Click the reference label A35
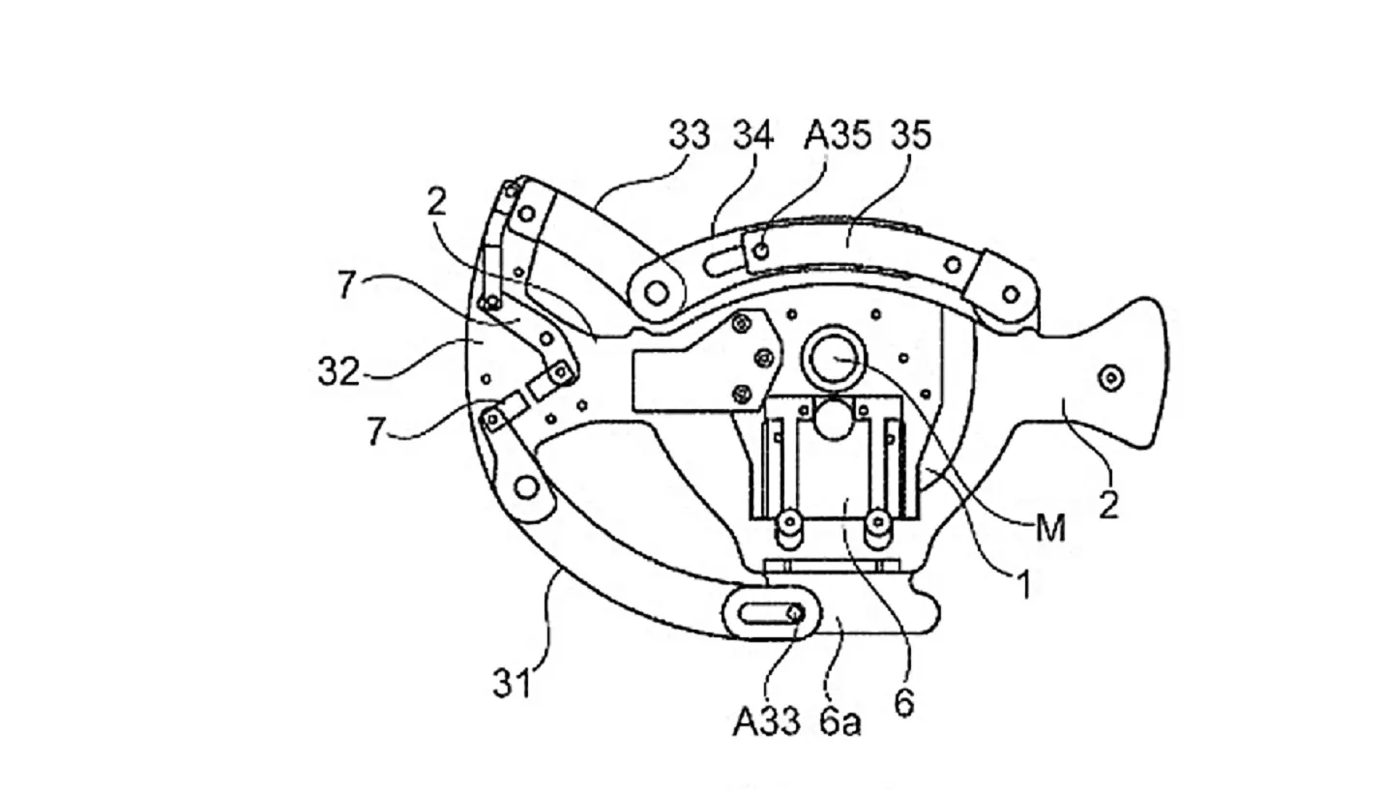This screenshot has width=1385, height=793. (x=838, y=134)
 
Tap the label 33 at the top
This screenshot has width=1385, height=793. (x=690, y=134)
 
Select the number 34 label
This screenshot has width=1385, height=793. (x=753, y=134)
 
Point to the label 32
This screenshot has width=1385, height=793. (x=339, y=372)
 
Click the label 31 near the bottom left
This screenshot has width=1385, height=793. (x=513, y=683)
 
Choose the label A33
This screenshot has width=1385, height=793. (x=766, y=721)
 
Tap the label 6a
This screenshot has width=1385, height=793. (x=840, y=721)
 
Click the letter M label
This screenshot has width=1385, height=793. (x=1050, y=528)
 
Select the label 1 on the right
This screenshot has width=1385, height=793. (x=1024, y=584)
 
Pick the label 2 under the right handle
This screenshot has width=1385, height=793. (x=1108, y=505)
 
